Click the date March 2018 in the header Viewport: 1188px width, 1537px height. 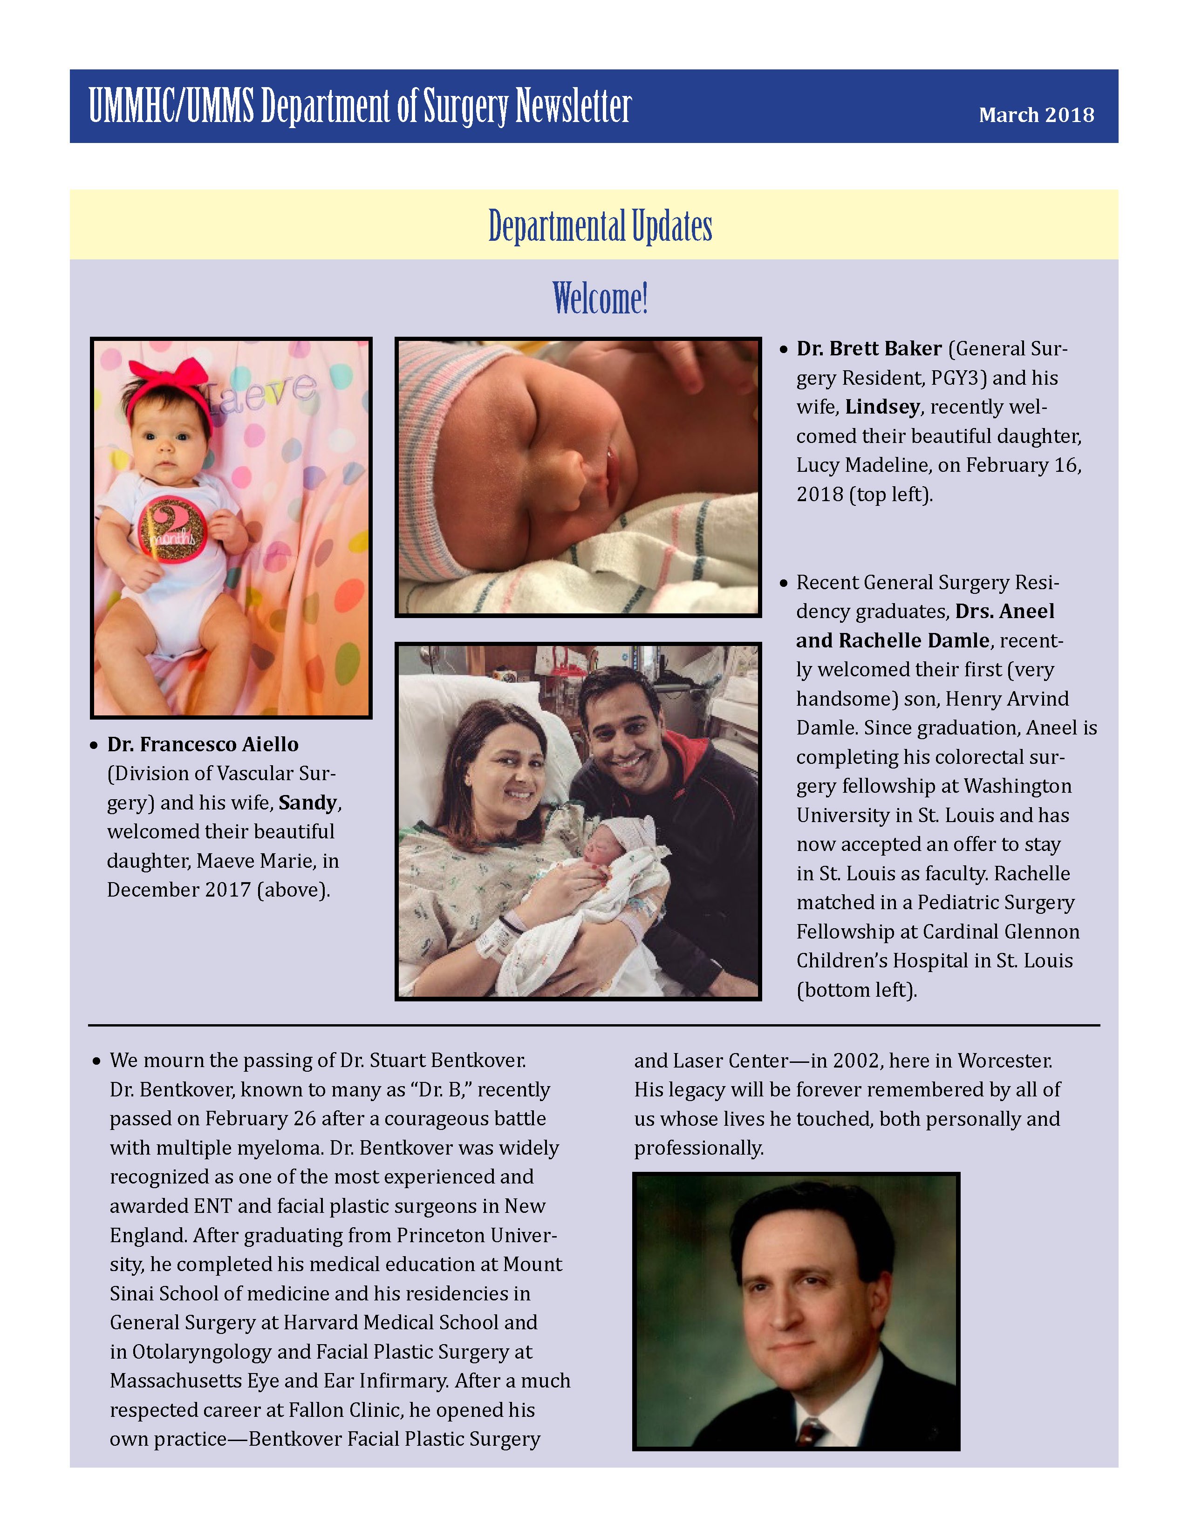click(x=1036, y=115)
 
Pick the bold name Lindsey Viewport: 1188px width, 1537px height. click(x=882, y=407)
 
